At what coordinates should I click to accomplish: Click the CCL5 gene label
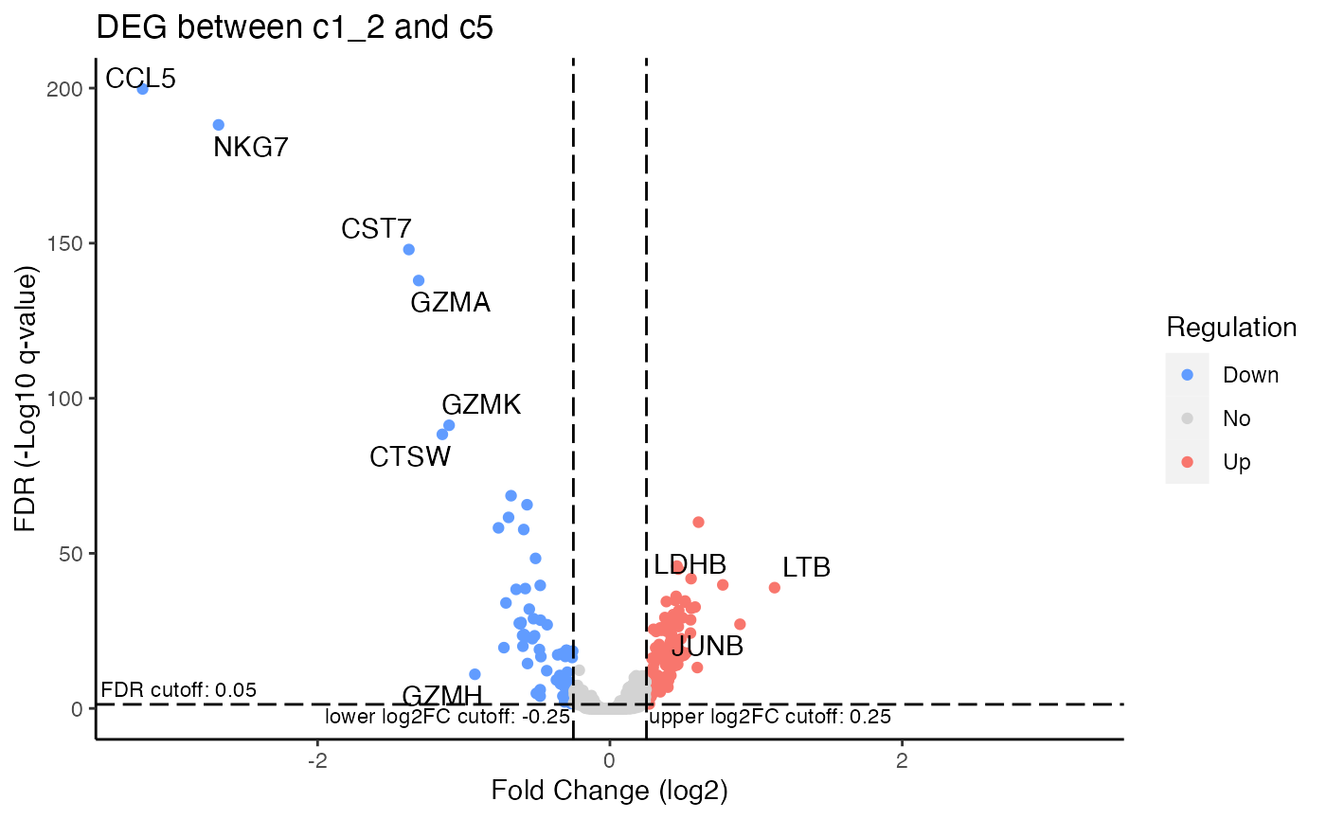[140, 79]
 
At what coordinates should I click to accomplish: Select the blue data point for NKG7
[218, 125]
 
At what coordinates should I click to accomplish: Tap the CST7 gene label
[376, 229]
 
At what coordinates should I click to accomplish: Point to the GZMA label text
[450, 303]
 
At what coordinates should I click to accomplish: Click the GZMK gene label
[481, 405]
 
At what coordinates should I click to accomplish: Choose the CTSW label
[410, 457]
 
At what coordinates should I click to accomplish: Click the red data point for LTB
[774, 588]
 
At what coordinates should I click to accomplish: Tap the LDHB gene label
[690, 565]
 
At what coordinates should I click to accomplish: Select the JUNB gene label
[707, 647]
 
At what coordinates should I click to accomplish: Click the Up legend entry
[1236, 462]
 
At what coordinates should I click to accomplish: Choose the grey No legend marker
[1188, 418]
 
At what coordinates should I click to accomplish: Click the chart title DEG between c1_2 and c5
[295, 29]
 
